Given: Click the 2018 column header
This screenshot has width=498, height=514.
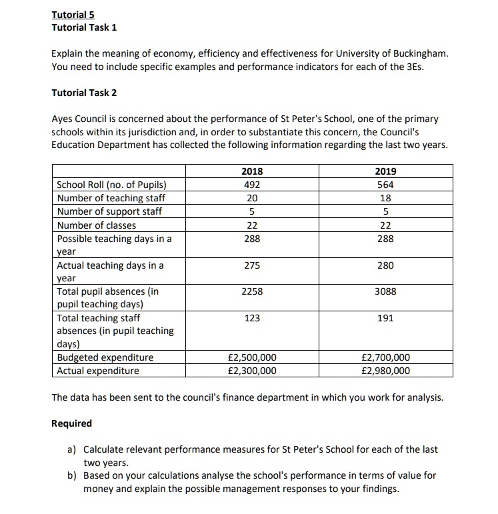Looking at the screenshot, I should point(252,171).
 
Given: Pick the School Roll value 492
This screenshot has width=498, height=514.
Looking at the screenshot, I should point(252,185).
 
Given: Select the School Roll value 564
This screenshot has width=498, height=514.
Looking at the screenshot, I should point(385,185).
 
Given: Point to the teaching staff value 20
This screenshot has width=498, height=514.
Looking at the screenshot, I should point(252,198).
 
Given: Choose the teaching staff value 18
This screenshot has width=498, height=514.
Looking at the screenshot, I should point(385,198).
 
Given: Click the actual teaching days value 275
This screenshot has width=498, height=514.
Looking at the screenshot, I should point(252,265).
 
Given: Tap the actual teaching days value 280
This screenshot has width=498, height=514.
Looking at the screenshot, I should point(385,265).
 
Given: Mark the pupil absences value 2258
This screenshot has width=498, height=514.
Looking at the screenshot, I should point(252,291).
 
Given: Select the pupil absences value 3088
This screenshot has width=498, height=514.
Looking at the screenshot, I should point(385,291).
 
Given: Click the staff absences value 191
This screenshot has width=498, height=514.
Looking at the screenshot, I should point(385,319).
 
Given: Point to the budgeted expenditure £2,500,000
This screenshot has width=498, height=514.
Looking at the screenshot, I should point(252,358).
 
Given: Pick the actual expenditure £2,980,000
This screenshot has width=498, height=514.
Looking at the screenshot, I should point(385,371).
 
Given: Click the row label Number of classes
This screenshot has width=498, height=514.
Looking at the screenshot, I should point(97,225).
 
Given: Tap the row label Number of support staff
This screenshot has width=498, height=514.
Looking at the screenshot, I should point(109,211).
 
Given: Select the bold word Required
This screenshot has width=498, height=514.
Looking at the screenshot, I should point(72,423).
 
